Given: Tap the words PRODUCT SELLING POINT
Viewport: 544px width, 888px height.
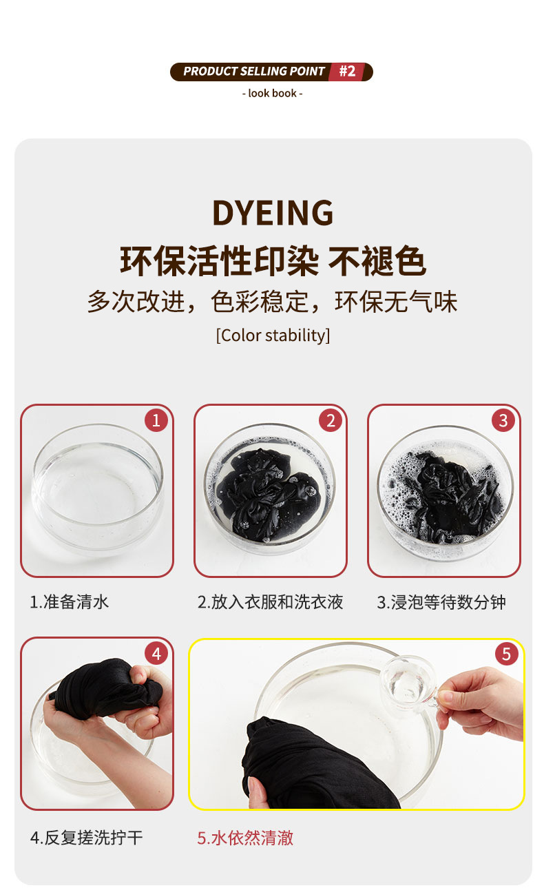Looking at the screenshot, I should click(253, 72).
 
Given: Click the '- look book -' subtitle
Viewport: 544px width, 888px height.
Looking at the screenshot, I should click(272, 93).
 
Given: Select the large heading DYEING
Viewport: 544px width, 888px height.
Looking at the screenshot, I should click(273, 213).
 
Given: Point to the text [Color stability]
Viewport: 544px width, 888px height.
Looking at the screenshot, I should click(273, 335).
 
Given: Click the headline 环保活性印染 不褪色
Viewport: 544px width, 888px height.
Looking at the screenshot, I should click(273, 261).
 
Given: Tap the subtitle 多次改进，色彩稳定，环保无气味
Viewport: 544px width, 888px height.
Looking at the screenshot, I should click(273, 302).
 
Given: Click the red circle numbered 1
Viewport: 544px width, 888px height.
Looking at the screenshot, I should click(156, 420).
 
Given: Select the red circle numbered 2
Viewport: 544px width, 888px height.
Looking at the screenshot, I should click(330, 420).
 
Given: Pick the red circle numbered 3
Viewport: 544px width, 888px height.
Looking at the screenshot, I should click(503, 420).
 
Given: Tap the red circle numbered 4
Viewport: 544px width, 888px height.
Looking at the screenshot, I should click(156, 653).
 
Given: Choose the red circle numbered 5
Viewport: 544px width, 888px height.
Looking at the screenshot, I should click(506, 653).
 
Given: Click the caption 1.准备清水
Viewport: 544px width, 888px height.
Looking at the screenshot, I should click(69, 601).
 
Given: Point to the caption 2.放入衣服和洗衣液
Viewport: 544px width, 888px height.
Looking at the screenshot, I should click(270, 601).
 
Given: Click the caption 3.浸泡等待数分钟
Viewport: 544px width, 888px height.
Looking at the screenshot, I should click(441, 601).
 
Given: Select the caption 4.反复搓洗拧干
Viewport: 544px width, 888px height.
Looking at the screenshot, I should click(86, 838).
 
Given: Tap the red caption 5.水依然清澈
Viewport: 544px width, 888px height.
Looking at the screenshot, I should click(245, 838).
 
